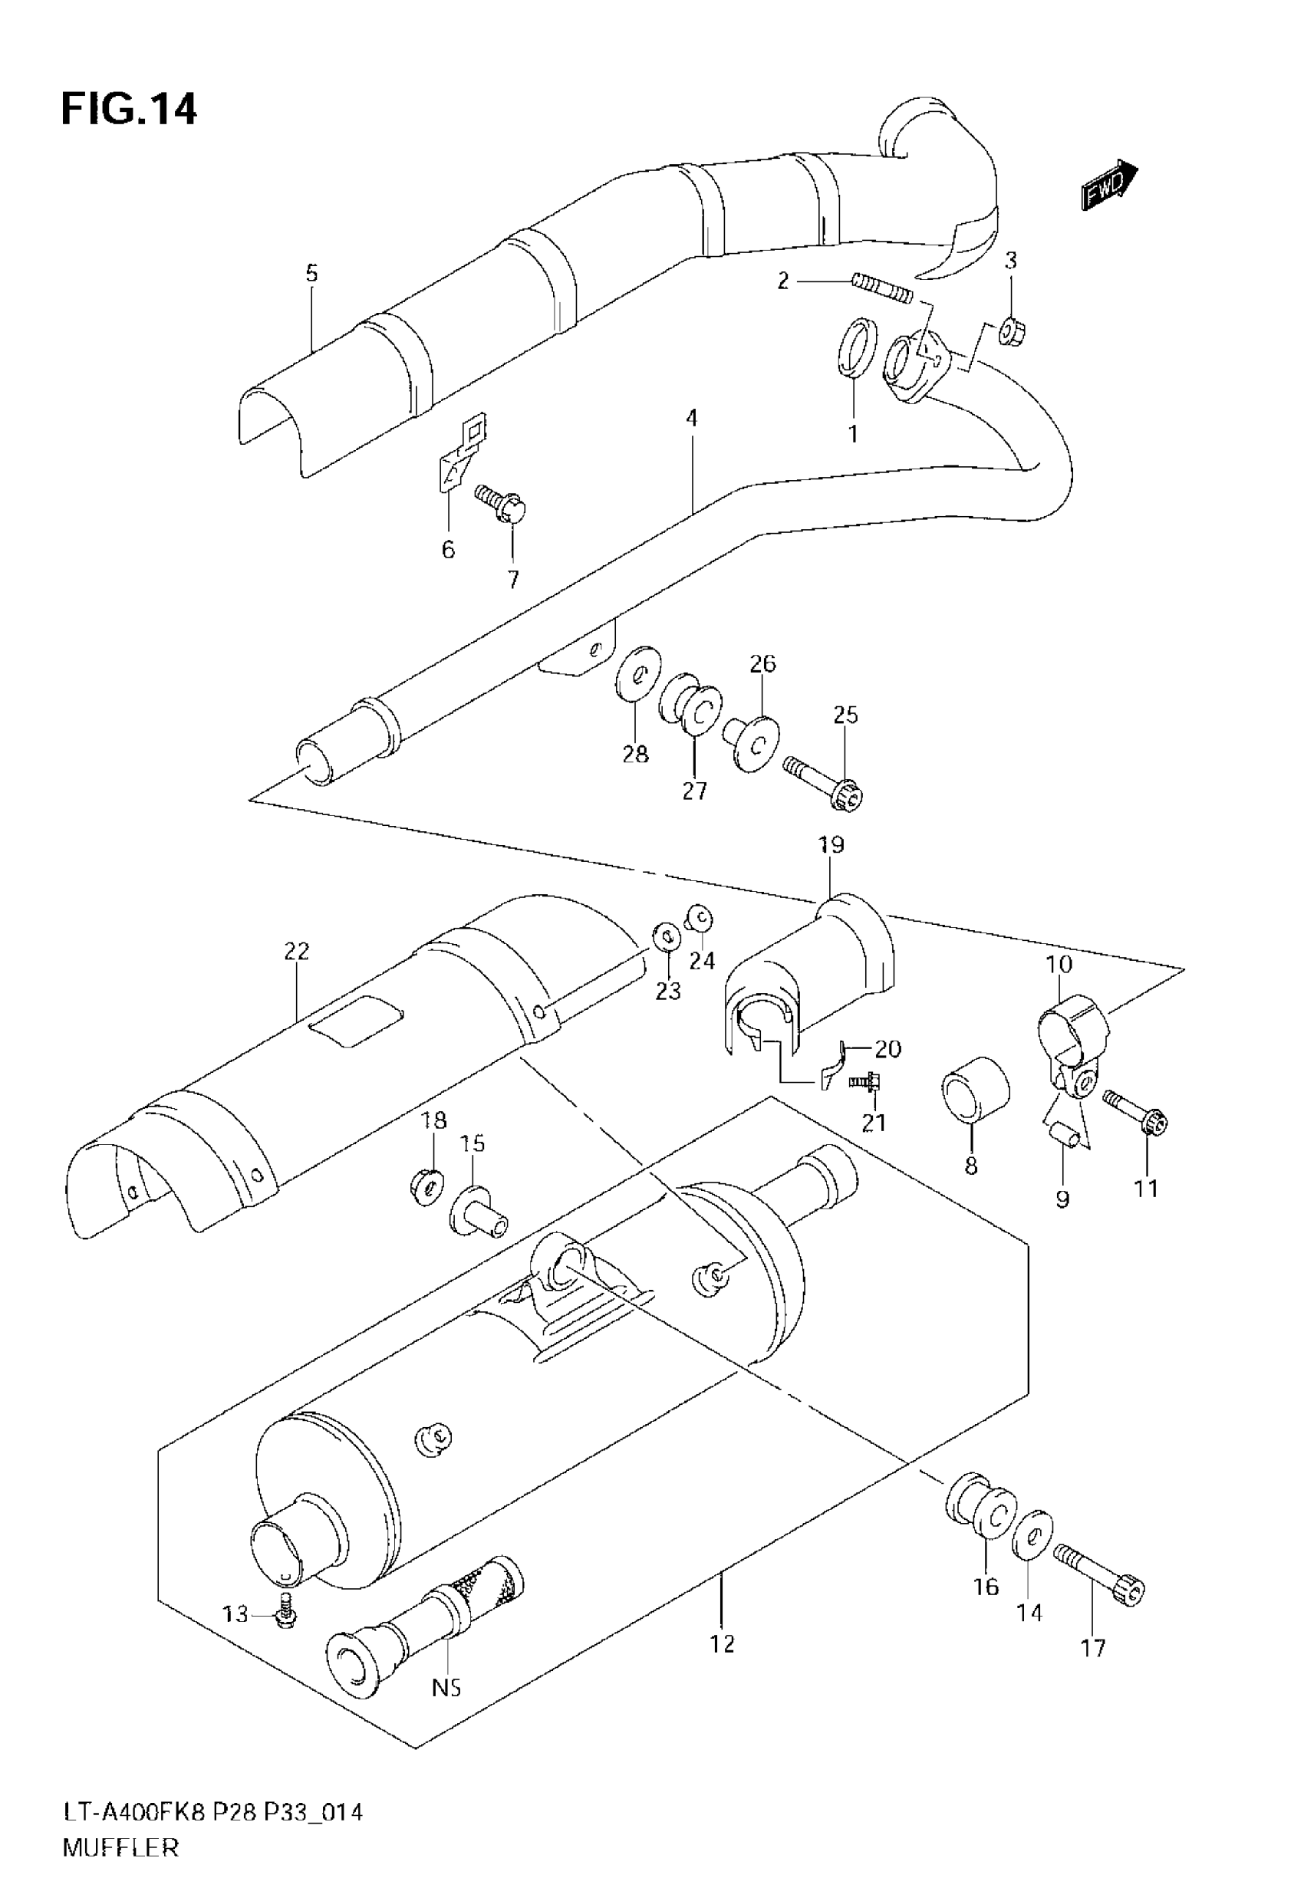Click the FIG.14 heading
(129, 110)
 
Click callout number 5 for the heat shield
(311, 273)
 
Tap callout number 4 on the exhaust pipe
(692, 419)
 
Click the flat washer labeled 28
(638, 673)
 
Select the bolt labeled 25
(825, 782)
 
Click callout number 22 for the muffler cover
(297, 952)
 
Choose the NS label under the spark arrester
(446, 1687)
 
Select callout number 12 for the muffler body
(723, 1643)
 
